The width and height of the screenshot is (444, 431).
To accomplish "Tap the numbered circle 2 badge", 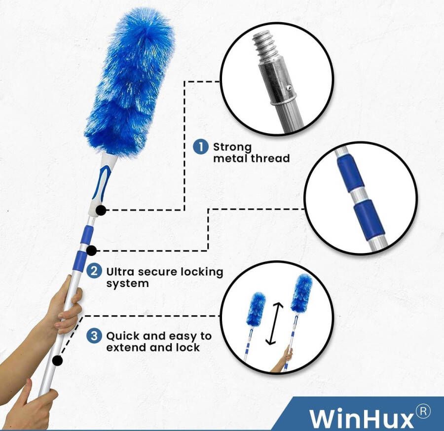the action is (x=94, y=271).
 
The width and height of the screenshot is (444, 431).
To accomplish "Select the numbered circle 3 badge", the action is (x=94, y=336).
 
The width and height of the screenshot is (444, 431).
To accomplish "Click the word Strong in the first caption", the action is (x=232, y=147).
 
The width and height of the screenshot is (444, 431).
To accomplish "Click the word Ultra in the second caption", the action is (x=120, y=272).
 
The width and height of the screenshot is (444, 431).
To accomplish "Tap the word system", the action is (x=127, y=284).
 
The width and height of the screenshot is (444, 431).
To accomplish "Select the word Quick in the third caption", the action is (x=123, y=336).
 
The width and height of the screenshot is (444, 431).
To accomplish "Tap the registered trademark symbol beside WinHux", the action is (x=423, y=412).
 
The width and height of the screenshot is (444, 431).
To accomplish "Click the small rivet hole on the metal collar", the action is (x=289, y=88).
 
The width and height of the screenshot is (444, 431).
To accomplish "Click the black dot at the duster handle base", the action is (x=101, y=210).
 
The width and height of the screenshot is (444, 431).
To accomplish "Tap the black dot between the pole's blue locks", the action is (x=91, y=251).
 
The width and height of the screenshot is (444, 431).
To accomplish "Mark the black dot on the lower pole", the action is (x=58, y=360).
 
